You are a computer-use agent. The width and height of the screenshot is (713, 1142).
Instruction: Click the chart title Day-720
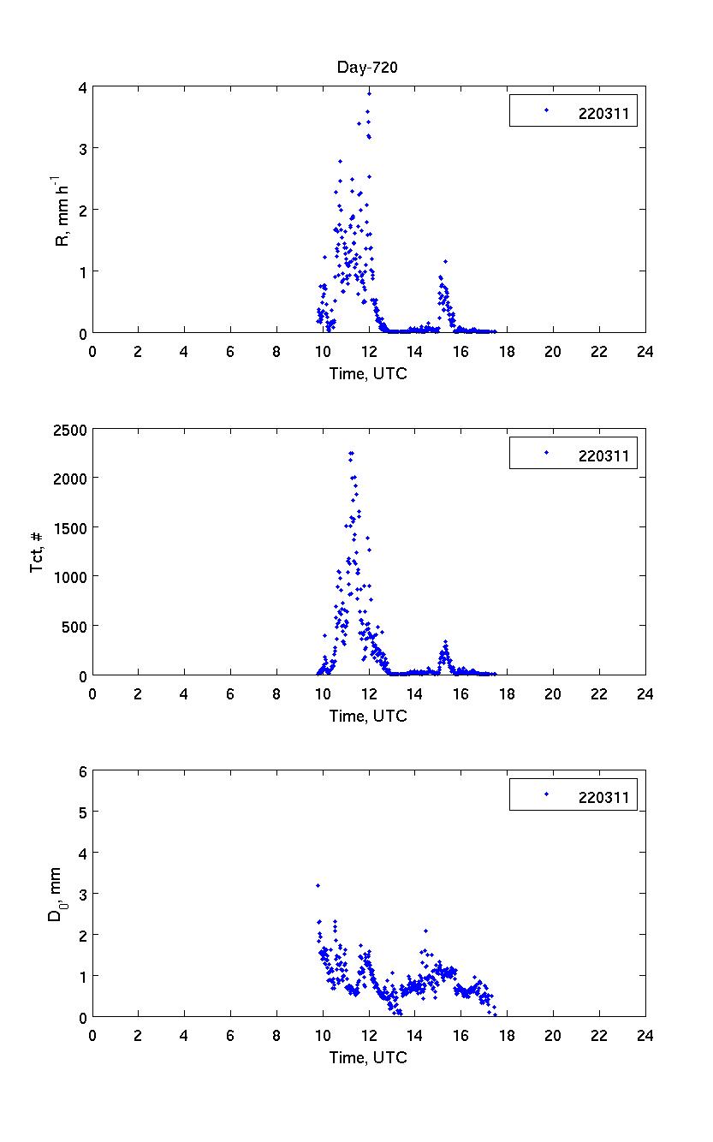[368, 68]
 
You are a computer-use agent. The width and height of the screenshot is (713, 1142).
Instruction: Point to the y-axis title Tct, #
[39, 552]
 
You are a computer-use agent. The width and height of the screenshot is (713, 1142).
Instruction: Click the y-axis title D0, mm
[56, 895]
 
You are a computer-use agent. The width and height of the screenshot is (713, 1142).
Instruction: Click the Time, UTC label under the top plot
[368, 373]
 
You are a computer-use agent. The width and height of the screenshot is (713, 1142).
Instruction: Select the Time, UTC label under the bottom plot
[368, 1057]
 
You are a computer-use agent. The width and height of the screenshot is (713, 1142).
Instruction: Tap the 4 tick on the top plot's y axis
[81, 86]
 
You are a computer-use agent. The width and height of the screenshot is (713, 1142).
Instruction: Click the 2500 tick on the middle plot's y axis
[68, 430]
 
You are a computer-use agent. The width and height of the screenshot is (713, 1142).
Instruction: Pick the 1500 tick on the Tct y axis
[68, 528]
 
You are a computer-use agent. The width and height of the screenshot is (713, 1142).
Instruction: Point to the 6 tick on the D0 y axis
[82, 771]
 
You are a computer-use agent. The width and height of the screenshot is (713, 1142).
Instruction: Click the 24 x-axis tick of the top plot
[645, 351]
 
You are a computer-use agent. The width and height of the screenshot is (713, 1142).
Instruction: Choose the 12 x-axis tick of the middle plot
[369, 693]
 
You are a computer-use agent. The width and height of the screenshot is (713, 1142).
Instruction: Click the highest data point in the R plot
[369, 92]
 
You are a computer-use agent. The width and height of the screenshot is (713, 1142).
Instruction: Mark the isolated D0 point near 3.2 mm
[318, 885]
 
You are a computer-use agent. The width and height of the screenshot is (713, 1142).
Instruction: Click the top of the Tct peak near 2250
[351, 453]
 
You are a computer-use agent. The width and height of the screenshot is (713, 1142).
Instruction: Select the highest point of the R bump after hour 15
[445, 261]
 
